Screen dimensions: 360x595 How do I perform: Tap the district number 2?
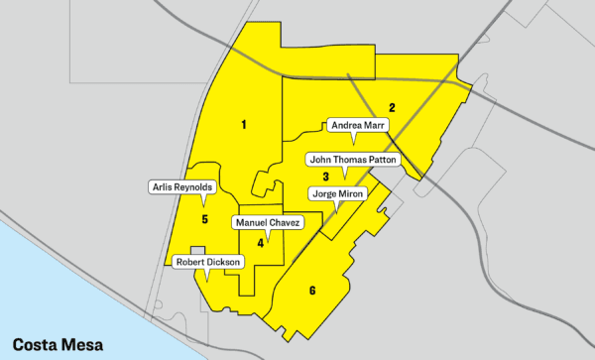(393, 107)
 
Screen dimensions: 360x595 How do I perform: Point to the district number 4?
(261, 242)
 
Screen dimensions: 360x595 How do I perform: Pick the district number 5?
(204, 219)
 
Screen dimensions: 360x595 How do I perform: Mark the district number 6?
(312, 291)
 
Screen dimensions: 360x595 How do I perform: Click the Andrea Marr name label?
(358, 125)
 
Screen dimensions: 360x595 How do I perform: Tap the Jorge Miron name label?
(339, 193)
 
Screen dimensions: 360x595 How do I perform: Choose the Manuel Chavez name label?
(267, 222)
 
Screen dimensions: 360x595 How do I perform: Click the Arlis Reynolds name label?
(180, 186)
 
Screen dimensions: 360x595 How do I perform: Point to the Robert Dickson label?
(207, 262)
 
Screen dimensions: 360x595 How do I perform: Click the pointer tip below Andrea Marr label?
(355, 143)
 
